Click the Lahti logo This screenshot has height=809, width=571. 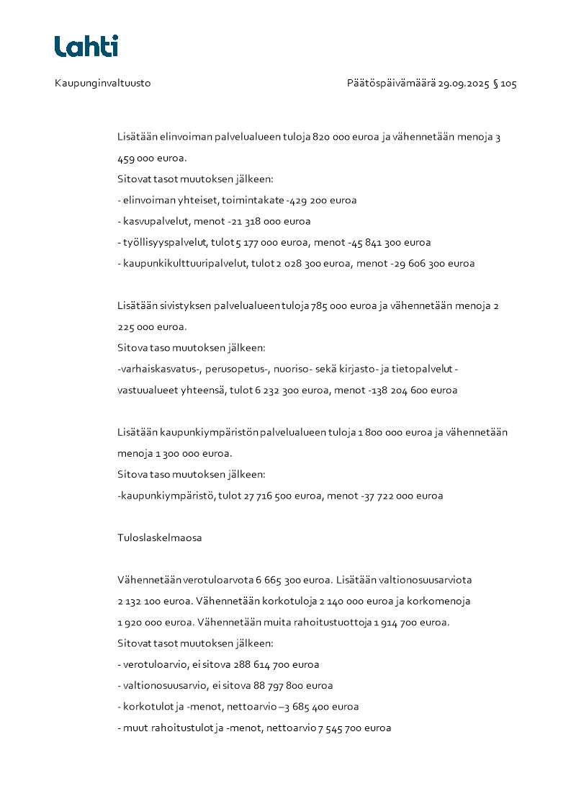[86, 46]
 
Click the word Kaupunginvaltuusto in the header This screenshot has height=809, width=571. [102, 84]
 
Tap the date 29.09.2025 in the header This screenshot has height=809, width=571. [463, 84]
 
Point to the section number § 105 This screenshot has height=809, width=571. [505, 84]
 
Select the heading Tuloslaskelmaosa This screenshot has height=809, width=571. [159, 538]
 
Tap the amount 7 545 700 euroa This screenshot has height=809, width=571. [354, 728]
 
